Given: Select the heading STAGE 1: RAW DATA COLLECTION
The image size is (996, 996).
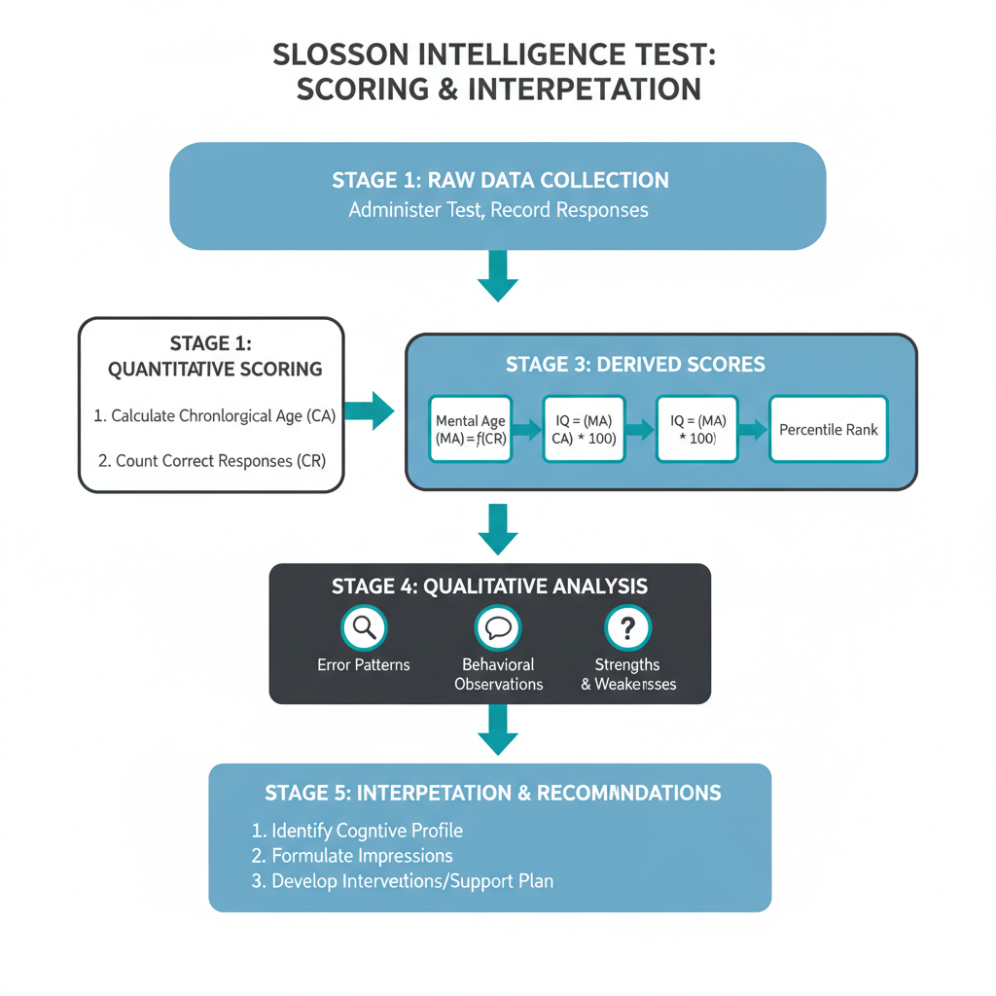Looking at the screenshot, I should tap(500, 180).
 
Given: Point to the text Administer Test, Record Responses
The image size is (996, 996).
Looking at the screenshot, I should tap(498, 210).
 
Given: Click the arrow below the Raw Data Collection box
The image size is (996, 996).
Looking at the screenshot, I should tap(498, 276).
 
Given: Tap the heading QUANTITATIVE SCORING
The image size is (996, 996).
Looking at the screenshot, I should tap(215, 369).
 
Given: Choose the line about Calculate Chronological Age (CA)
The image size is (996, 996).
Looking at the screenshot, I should tap(214, 415).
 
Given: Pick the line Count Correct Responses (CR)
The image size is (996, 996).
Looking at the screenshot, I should tap(212, 460).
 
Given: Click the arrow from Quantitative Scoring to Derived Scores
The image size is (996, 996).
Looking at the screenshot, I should tap(370, 410).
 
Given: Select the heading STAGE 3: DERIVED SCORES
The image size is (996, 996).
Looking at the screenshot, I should tap(635, 365).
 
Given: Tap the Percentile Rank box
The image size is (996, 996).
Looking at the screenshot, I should tap(828, 429).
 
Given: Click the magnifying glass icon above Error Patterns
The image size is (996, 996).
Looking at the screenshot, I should tap(364, 628).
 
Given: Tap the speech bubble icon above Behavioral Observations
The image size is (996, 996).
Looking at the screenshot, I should tap(498, 628).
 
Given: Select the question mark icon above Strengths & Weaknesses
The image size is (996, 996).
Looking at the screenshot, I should tap(627, 628).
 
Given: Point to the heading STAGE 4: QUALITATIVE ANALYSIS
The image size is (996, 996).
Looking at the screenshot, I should tap(489, 587).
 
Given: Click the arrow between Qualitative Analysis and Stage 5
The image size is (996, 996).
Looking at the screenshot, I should tap(498, 729).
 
